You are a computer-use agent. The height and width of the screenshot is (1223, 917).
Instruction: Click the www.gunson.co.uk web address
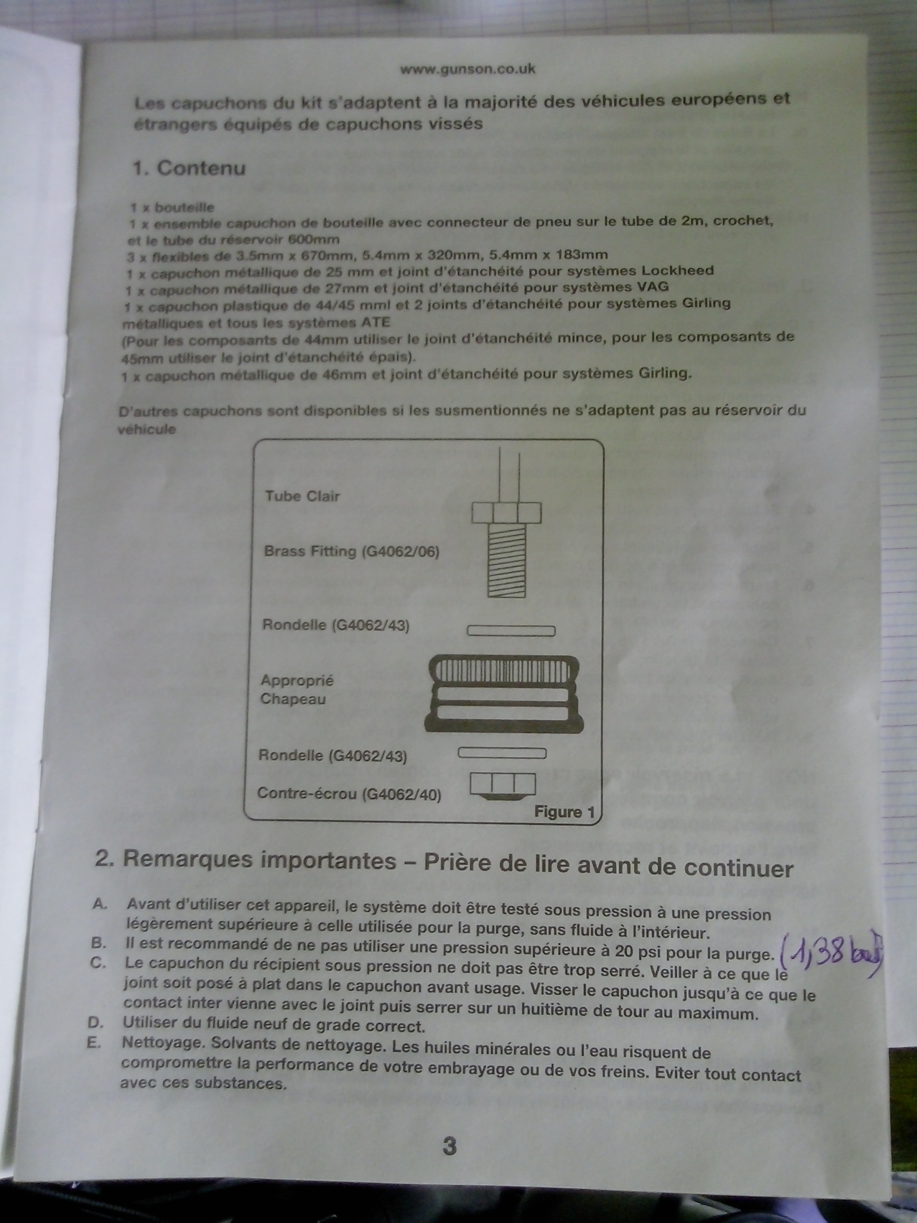(467, 69)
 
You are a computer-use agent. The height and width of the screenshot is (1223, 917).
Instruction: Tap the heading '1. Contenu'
(189, 168)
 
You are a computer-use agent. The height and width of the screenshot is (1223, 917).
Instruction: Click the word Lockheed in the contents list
(677, 270)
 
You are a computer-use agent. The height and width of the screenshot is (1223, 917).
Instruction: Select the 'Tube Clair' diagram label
(303, 496)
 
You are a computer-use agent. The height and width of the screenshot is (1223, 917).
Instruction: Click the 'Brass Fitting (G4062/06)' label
(352, 551)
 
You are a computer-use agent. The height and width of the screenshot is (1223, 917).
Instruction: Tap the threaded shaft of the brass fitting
(507, 560)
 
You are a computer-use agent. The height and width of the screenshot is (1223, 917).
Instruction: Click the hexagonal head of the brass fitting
(507, 513)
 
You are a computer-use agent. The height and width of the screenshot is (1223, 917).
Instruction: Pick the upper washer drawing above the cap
(511, 631)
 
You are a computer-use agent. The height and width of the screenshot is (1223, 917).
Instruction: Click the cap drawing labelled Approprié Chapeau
(503, 695)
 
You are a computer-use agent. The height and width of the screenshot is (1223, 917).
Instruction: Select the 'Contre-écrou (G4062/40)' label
(349, 794)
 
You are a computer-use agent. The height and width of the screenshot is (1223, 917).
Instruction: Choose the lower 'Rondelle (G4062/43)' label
(333, 756)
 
